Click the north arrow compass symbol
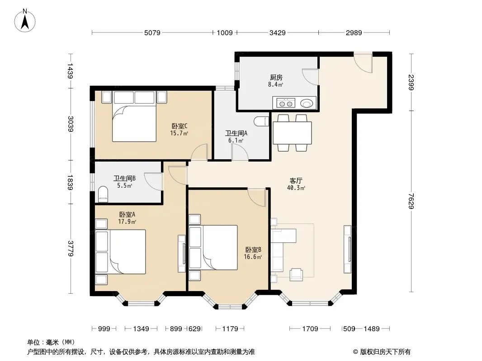coord(25,21)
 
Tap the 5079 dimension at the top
coord(152,32)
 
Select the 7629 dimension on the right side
coord(411,201)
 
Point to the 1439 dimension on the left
coord(71,71)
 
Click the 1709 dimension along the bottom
coord(310,329)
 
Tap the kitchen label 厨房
coord(276,78)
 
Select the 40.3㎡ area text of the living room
coord(296,188)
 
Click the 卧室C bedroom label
coord(180,126)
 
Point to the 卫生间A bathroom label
coord(236,133)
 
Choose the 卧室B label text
coord(253,250)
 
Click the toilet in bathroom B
coord(103,194)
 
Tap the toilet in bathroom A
coord(262,121)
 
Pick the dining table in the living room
coord(293,133)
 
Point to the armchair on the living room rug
coord(296,274)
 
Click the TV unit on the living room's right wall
coord(348,249)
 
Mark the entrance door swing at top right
coord(363,63)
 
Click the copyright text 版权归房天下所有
coord(385,352)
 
